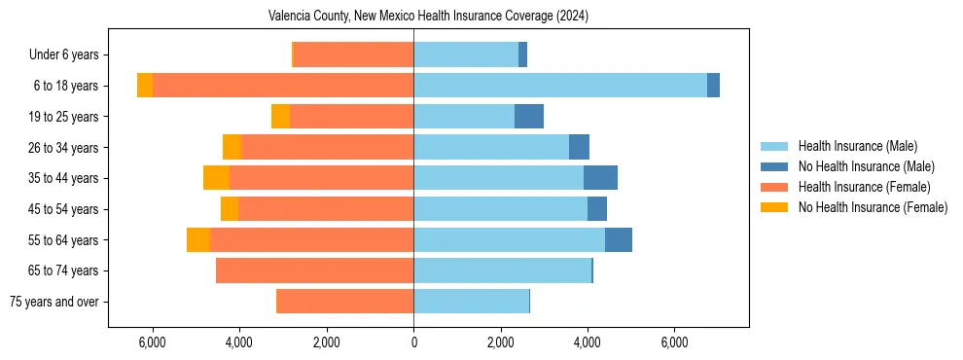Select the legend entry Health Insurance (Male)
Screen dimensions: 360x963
coord(857,146)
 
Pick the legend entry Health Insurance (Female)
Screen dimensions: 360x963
coord(864,187)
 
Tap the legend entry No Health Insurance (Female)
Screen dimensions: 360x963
coord(873,207)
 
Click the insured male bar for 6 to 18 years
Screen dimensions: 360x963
coord(560,86)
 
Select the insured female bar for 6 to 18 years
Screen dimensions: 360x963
coord(283,86)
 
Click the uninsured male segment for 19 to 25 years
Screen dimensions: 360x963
coord(529,117)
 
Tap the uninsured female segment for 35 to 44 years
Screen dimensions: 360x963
coord(216,178)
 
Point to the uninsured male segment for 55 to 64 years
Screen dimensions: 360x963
coord(619,239)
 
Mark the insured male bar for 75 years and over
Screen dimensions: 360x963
coord(471,302)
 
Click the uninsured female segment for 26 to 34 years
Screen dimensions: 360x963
coord(232,147)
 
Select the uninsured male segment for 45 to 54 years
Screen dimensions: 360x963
coord(597,209)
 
